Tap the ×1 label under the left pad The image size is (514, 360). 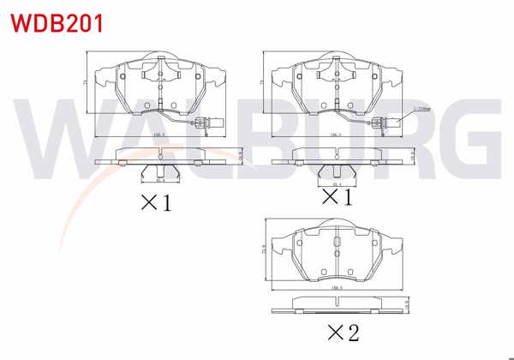coord(157,203)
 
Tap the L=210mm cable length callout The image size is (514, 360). coord(421,110)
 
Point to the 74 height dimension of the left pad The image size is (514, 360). coord(85,81)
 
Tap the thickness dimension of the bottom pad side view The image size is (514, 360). coord(409,306)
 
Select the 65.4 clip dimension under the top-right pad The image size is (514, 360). coord(338,183)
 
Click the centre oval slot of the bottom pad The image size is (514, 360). coord(336,252)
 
